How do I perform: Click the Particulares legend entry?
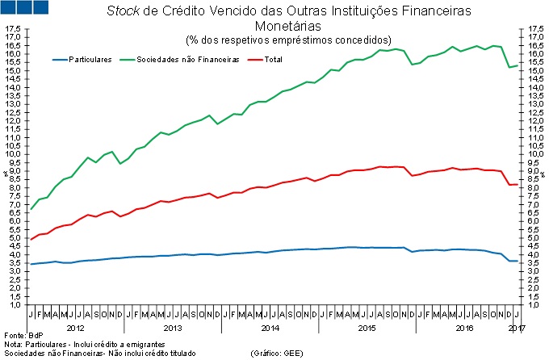point(90,59)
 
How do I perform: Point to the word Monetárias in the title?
point(288,27)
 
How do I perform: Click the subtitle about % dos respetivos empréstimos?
point(288,40)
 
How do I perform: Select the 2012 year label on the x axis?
point(74,328)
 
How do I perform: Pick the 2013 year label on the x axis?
point(172,328)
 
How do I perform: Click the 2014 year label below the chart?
point(270,328)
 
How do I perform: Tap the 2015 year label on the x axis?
point(367,328)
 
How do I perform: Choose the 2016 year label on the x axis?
point(465,328)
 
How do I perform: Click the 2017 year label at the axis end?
point(517,328)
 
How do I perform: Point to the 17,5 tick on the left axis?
point(13,29)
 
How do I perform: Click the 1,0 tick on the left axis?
point(14,305)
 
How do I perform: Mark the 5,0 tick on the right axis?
point(534,238)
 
